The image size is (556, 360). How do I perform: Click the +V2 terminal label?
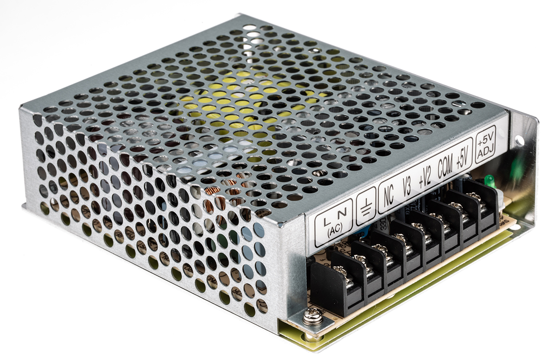pos(425,178)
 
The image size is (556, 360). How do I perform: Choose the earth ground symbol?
pos(366,206)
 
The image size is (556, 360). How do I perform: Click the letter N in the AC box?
pos(342,214)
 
